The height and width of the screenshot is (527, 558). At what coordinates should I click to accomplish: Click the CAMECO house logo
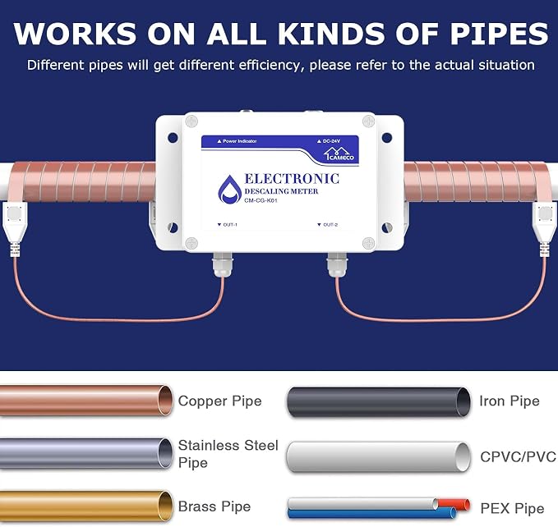339,154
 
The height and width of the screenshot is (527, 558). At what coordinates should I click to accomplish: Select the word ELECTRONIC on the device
292,179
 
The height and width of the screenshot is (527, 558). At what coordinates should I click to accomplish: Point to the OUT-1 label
227,225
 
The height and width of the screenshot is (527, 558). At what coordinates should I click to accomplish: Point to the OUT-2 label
327,225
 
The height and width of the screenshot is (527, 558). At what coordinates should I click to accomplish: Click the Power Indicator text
237,141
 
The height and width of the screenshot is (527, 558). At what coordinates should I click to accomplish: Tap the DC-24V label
329,141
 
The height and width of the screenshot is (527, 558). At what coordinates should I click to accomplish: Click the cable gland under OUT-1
223,264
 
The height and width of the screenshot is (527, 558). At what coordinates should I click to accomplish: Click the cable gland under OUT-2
337,264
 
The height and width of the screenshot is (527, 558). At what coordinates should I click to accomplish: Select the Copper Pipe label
220,401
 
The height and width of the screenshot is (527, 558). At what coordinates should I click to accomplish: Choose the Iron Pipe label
510,401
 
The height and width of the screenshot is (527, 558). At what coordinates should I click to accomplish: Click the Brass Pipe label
214,506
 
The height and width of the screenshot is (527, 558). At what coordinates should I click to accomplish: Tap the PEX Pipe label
512,508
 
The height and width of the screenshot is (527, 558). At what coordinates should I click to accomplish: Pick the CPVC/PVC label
518,456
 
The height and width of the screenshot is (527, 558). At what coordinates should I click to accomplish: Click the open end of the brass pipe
165,506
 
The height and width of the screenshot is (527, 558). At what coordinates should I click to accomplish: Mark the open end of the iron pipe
463,402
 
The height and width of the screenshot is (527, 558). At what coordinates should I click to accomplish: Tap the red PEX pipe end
465,505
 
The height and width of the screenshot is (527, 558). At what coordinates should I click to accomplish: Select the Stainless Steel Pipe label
228,454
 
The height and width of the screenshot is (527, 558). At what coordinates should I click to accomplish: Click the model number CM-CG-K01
261,200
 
